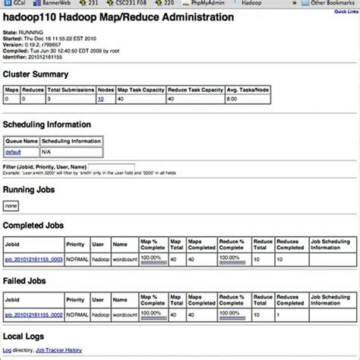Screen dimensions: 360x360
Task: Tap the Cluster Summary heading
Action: [x=36, y=74]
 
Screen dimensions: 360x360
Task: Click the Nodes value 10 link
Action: [x=100, y=99]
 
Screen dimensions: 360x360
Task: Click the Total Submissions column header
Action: [x=70, y=89]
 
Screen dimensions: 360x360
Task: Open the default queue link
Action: [x=13, y=152]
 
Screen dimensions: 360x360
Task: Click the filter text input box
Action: [x=112, y=166]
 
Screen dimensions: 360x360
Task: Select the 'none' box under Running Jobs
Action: [x=11, y=205]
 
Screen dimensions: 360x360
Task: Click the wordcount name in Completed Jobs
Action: [x=123, y=258]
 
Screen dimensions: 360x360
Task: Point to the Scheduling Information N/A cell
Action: [x=47, y=152]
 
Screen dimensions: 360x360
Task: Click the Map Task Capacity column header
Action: [x=140, y=89]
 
